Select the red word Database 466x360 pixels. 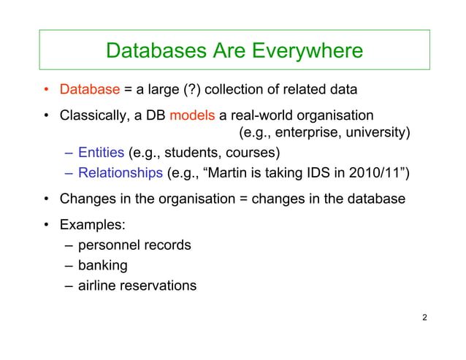coord(89,91)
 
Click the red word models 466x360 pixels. coord(192,115)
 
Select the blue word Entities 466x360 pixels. coord(101,153)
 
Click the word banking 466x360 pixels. coord(102,265)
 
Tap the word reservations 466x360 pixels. coord(160,286)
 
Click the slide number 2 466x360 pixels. coord(424,318)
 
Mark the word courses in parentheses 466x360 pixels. coord(251,153)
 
